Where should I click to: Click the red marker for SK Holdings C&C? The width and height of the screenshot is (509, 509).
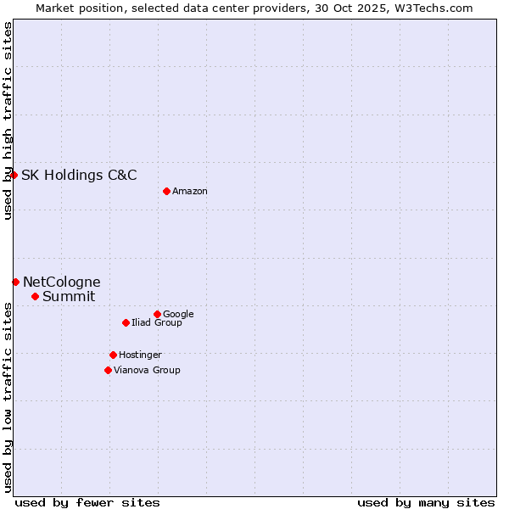pos(14,175)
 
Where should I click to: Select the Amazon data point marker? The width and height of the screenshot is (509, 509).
pos(166,191)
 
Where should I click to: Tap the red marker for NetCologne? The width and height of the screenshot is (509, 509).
pos(15,282)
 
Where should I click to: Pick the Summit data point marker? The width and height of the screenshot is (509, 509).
pos(35,296)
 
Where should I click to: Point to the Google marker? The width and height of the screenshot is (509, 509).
pos(157,314)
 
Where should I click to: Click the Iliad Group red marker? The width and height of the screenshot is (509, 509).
pos(126,322)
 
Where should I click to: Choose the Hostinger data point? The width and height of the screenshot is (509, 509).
pos(113,355)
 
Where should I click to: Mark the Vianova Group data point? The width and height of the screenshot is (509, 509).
pos(108,370)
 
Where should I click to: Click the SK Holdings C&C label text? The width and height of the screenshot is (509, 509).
pos(79,176)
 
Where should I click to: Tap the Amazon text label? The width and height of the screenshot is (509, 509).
pos(190,192)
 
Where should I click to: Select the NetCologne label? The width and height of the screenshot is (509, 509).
pos(61,282)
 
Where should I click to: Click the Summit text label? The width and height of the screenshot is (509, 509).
pos(69,297)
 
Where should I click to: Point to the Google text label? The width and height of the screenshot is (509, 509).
pos(178,315)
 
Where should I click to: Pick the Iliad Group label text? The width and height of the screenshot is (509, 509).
pos(157,323)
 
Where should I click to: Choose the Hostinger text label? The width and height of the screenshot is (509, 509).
pos(140,355)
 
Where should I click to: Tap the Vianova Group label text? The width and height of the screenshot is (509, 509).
pos(147,371)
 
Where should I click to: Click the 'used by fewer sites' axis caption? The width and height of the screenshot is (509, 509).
pos(87,502)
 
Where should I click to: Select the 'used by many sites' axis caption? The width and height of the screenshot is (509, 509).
pos(426,502)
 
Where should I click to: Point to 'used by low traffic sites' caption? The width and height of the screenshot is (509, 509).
pos(8,396)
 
